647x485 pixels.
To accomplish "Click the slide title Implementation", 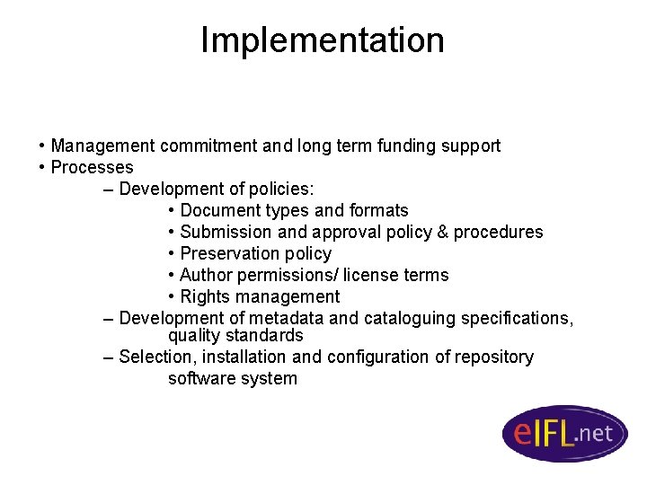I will (322, 40).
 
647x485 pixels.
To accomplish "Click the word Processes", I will (92, 167).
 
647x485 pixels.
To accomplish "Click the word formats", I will (377, 210).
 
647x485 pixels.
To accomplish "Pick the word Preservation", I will (226, 253).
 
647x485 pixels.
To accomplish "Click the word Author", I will (206, 275).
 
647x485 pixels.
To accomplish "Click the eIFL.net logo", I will (563, 434).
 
